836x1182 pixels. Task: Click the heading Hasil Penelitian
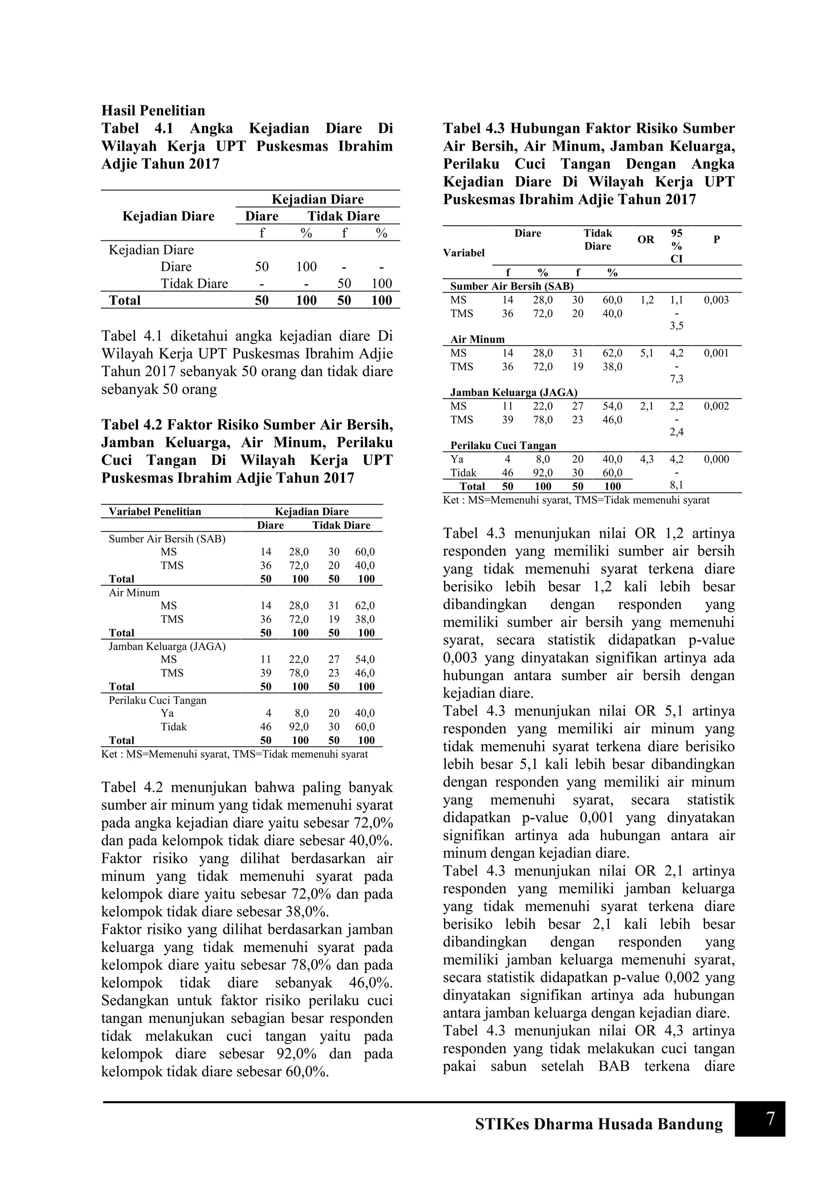[153, 111]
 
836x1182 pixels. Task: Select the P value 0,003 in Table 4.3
[716, 300]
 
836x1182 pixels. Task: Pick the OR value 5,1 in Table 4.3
[647, 353]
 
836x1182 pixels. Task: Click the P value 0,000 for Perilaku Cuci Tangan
[716, 459]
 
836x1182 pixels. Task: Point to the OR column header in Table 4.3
[645, 240]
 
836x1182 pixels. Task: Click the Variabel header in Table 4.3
[463, 253]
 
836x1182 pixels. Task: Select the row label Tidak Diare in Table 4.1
[194, 284]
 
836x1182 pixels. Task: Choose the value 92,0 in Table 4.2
[298, 727]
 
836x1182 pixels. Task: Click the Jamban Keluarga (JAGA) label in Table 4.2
[167, 647]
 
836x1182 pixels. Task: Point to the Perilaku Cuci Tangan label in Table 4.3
[503, 446]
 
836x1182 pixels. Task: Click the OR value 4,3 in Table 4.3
[647, 459]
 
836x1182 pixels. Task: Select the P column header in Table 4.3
[716, 240]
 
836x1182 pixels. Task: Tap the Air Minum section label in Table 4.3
[477, 340]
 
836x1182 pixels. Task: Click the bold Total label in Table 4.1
[125, 301]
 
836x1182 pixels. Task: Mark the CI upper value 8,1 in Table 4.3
[676, 485]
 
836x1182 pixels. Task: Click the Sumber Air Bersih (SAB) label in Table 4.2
[167, 539]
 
